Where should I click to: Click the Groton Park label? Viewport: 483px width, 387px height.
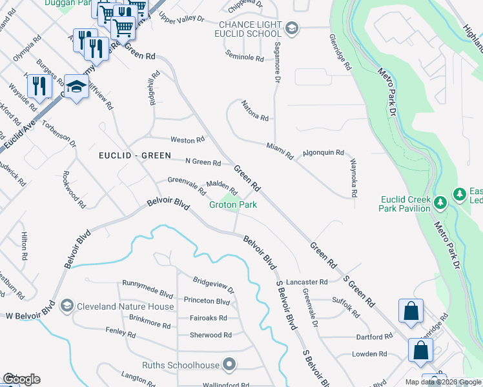tap(233, 205)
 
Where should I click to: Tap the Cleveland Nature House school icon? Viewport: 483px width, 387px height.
tap(67, 306)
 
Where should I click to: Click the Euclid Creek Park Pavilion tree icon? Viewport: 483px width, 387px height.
tap(441, 203)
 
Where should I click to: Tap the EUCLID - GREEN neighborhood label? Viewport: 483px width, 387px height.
tap(135, 155)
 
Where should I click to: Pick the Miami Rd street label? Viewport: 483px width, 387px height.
tap(280, 152)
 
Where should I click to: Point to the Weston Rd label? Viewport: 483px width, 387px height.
tap(187, 139)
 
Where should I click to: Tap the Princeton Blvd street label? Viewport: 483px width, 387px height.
tap(207, 301)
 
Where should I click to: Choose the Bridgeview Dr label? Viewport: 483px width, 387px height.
tap(213, 284)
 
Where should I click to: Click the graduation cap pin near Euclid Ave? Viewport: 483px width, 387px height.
tap(76, 87)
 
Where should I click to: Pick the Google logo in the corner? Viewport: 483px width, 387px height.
tap(21, 379)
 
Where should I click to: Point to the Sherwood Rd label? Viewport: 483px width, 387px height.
tap(211, 335)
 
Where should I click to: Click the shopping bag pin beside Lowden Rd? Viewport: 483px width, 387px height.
tap(420, 352)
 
